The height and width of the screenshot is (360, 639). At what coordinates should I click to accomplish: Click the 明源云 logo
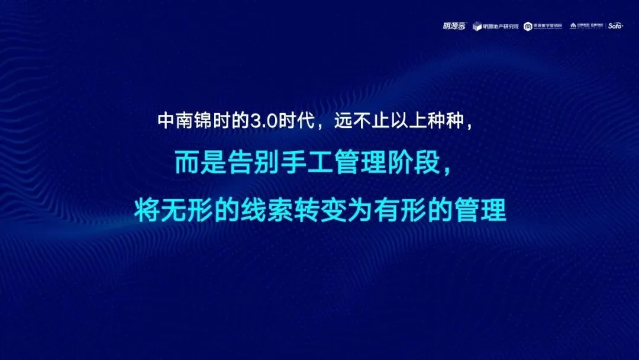[454, 25]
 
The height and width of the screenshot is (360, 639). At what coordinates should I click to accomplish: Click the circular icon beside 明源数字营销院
[528, 25]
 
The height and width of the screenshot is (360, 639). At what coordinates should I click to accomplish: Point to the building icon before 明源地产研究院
[477, 26]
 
